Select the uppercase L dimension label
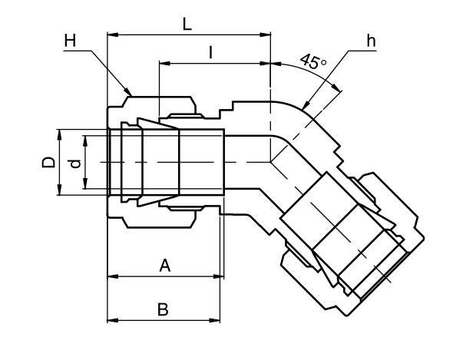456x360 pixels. tap(187, 23)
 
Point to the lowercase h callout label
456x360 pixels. tap(371, 41)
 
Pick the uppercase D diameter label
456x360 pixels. tap(48, 163)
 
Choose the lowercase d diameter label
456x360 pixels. tap(74, 163)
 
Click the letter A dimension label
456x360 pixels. tap(164, 266)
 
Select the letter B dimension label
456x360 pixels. tap(163, 309)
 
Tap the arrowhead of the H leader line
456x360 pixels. tap(131, 94)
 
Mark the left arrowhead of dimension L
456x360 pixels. tap(112, 35)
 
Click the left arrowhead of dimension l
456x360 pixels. tap(163, 63)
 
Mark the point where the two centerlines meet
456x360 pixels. tap(270, 162)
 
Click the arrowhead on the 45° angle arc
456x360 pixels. tap(336, 90)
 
